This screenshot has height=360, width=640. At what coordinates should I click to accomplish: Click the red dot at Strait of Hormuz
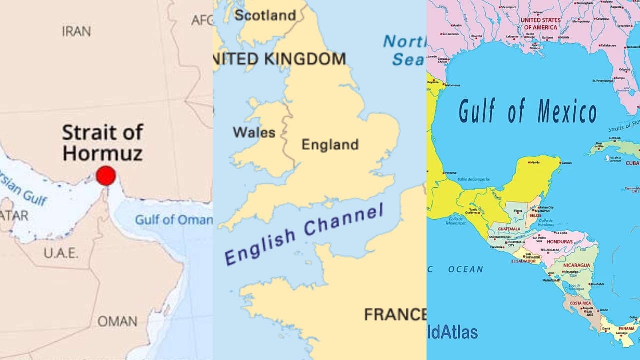(106, 176)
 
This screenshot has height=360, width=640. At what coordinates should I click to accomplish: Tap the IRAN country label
(76, 31)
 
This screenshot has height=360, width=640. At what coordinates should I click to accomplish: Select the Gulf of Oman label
(173, 219)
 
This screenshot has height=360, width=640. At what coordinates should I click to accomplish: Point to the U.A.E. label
(61, 253)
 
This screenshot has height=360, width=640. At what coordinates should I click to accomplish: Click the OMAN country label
(117, 321)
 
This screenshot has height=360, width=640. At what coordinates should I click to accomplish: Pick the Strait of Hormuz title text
(102, 143)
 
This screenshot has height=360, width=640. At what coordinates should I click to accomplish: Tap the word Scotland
(265, 15)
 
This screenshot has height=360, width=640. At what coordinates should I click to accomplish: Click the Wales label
(254, 133)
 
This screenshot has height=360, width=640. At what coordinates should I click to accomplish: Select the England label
(330, 145)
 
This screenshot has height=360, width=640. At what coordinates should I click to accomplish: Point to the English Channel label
(304, 233)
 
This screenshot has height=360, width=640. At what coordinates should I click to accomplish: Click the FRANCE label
(395, 314)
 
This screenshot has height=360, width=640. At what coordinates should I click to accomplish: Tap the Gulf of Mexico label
(527, 111)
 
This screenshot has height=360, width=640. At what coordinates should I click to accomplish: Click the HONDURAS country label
(559, 242)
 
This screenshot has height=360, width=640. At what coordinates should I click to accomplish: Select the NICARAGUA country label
(576, 265)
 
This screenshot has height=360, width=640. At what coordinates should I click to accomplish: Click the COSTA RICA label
(581, 303)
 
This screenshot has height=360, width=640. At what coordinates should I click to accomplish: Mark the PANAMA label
(626, 328)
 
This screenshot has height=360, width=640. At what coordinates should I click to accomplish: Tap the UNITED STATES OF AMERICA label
(541, 23)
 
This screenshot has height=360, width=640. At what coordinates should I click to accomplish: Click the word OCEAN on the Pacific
(465, 269)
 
